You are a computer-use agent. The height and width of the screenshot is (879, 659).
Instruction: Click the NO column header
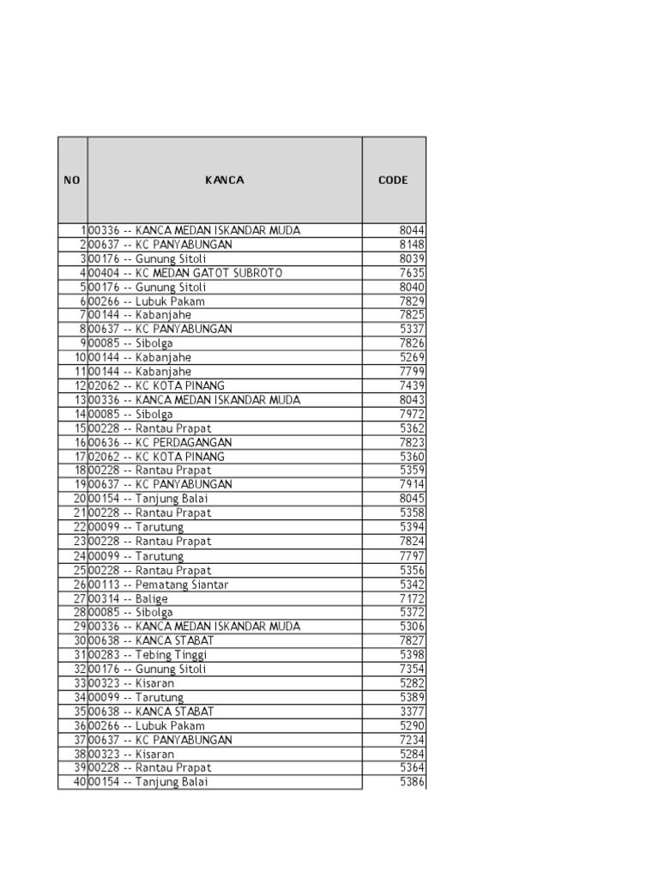[72, 180]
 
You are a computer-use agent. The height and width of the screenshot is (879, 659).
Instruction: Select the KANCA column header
[225, 180]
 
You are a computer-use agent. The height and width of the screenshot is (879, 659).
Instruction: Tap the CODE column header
[393, 180]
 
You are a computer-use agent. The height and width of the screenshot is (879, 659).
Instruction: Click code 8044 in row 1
[412, 231]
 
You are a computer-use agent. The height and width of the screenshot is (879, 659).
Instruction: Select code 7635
[412, 273]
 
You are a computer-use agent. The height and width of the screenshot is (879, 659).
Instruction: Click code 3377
[412, 712]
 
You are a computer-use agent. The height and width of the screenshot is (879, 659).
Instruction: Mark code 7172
[412, 598]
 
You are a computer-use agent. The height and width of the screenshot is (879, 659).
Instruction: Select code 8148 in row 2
[412, 245]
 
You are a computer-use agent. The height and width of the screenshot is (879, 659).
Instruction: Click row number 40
[79, 782]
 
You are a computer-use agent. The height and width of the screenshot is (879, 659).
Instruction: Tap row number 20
[79, 499]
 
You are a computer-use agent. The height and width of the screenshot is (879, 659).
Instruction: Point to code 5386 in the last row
[412, 782]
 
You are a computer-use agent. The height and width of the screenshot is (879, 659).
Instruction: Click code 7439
[412, 386]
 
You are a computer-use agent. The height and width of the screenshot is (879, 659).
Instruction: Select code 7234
[412, 740]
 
